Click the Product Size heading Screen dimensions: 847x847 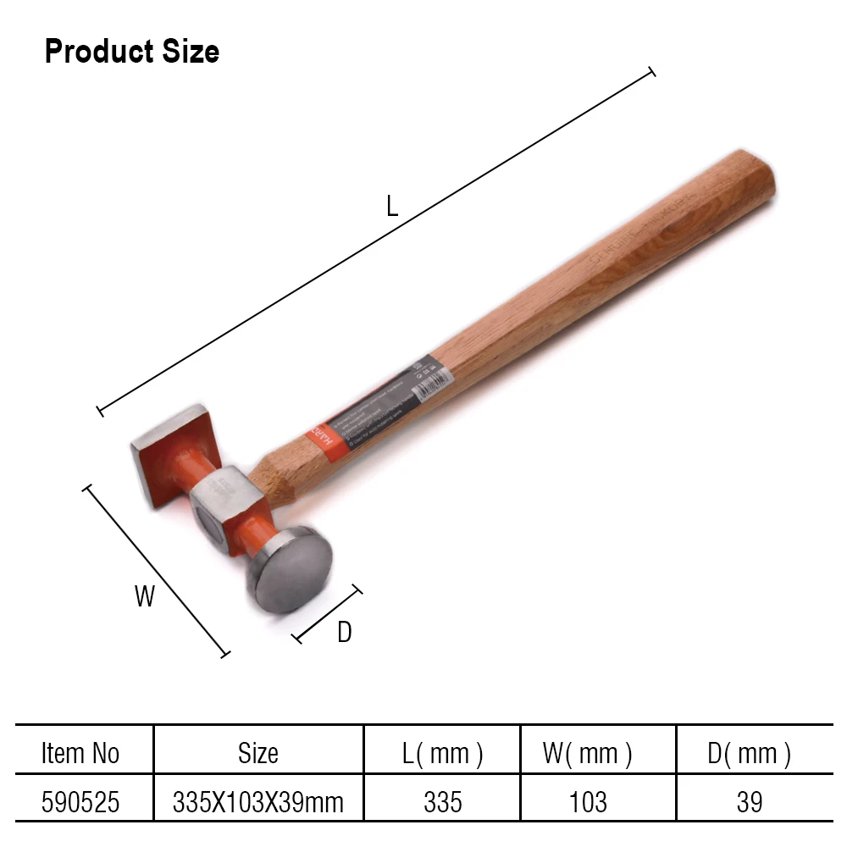point(131,52)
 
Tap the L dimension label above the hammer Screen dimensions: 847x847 point(391,206)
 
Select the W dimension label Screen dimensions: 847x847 point(145,596)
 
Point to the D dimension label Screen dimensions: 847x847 point(344,632)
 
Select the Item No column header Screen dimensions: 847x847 point(80,753)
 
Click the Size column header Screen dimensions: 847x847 point(258,753)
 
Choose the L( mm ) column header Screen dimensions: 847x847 point(443,753)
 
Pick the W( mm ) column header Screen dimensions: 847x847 point(588,753)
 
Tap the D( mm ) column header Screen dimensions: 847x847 point(750,753)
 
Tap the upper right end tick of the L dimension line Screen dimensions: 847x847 point(651,73)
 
